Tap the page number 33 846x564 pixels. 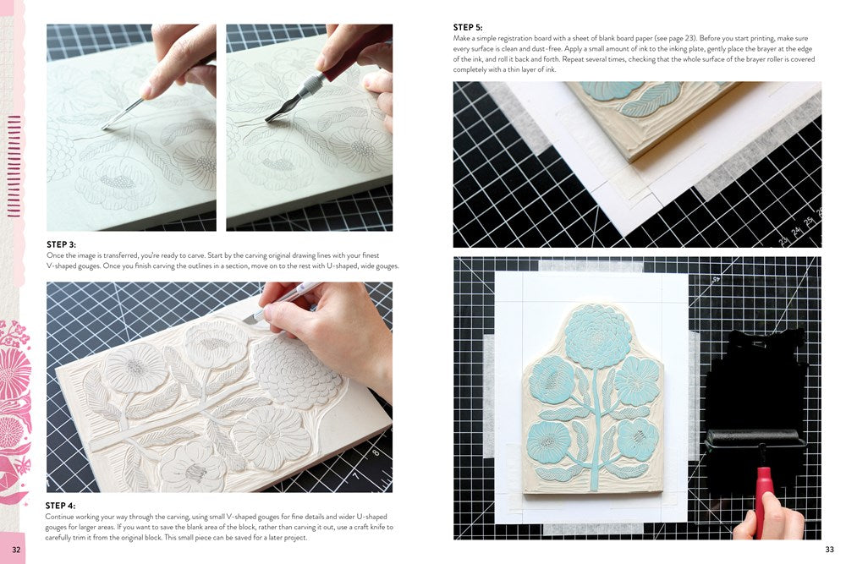[x=829, y=550]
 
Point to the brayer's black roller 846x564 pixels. [x=753, y=438]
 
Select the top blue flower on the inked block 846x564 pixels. [x=598, y=336]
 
